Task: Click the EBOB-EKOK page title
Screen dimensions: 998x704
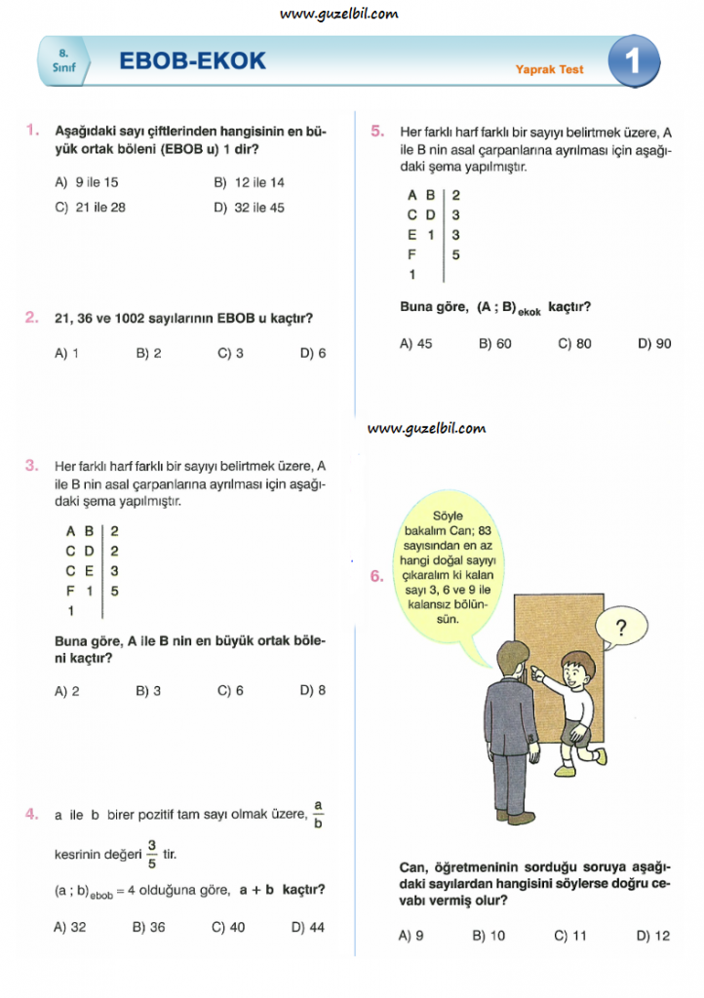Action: tap(192, 61)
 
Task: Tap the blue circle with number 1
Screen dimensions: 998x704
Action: tap(632, 62)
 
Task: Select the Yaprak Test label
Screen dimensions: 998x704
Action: tap(550, 70)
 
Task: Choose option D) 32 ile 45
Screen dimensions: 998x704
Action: tap(249, 208)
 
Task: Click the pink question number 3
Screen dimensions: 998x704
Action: tap(32, 465)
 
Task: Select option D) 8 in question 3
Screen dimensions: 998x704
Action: tap(313, 691)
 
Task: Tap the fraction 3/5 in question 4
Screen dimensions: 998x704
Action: tap(152, 854)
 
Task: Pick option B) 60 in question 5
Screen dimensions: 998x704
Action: tap(494, 343)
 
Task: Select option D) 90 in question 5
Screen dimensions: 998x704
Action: tap(654, 343)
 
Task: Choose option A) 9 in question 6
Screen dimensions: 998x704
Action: tap(411, 936)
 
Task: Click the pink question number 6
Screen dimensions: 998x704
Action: tap(377, 576)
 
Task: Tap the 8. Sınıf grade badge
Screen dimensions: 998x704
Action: tap(64, 62)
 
